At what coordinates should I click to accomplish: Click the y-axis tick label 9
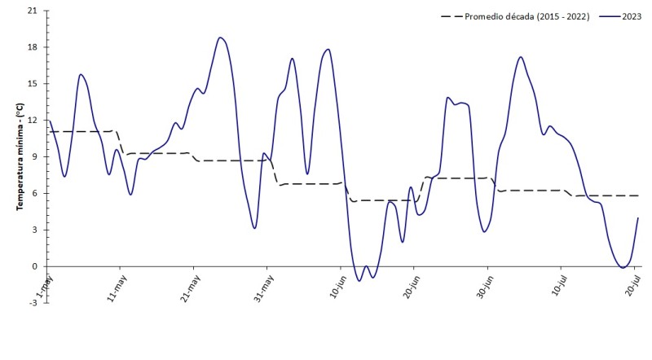coord(35,156)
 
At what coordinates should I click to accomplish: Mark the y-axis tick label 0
coord(35,266)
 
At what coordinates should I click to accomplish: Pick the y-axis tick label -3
coord(33,303)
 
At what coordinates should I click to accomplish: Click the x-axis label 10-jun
coord(335,289)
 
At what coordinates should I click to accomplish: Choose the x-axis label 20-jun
coord(408,289)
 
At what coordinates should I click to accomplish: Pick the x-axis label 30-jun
coord(482,289)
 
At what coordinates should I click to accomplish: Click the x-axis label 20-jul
coord(629,289)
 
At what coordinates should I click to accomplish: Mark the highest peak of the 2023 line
coord(220,37)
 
